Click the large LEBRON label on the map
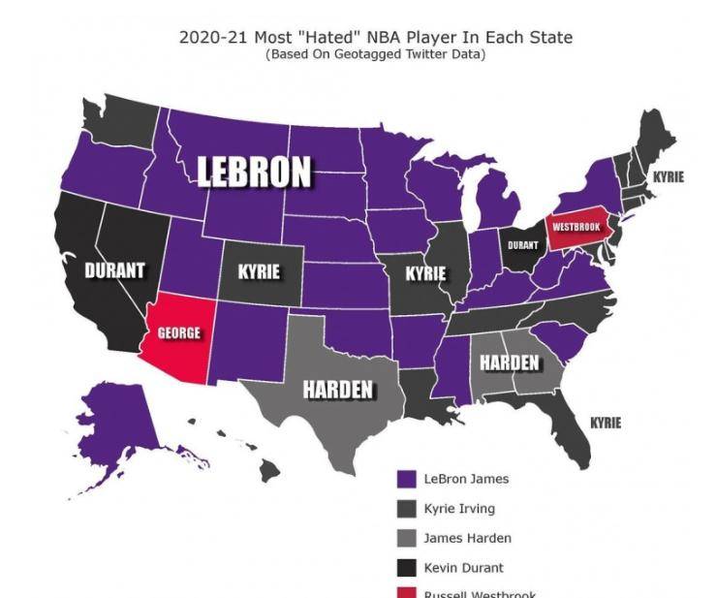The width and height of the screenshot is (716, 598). [255, 172]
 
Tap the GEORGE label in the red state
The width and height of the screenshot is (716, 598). [179, 332]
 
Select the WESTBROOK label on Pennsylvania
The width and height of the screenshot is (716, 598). [576, 226]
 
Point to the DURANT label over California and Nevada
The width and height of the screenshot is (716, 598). [114, 270]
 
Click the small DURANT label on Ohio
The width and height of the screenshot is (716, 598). [523, 246]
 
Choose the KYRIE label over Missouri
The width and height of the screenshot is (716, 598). [425, 273]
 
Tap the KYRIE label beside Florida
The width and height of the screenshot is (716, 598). [606, 423]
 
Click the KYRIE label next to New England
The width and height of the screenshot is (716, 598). [668, 177]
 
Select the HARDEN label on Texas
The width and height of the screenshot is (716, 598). [338, 390]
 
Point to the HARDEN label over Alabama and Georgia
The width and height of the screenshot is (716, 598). [510, 362]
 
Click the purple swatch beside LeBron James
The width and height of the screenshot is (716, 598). [407, 479]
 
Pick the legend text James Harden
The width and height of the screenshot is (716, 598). [468, 538]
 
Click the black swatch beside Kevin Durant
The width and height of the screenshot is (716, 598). [407, 568]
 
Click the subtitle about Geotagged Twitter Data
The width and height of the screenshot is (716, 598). [375, 54]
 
